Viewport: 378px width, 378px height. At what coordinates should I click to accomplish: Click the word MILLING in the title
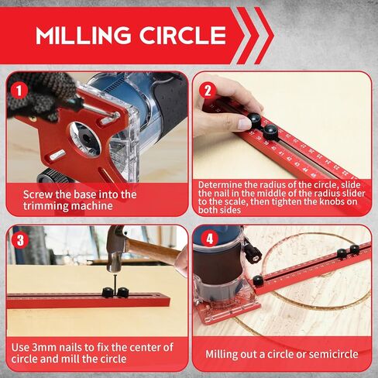click(x=83, y=35)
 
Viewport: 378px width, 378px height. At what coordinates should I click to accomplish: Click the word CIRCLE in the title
click(x=183, y=35)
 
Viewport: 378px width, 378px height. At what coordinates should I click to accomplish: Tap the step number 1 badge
click(x=19, y=91)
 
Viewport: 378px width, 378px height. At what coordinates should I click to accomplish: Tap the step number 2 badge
click(x=208, y=91)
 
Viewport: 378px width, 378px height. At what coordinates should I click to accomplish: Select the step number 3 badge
click(x=20, y=240)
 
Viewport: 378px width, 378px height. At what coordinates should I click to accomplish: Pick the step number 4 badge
click(x=209, y=239)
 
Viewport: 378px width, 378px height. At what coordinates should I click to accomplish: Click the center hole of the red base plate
click(x=85, y=139)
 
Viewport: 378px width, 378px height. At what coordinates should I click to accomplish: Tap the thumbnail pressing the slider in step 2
click(x=244, y=124)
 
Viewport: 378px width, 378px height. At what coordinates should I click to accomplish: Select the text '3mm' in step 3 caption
click(x=43, y=347)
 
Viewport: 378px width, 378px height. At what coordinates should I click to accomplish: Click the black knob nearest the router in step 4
click(x=259, y=280)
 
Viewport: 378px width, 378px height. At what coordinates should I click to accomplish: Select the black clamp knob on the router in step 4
click(x=253, y=253)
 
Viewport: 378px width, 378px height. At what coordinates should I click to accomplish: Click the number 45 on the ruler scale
click(x=313, y=175)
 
